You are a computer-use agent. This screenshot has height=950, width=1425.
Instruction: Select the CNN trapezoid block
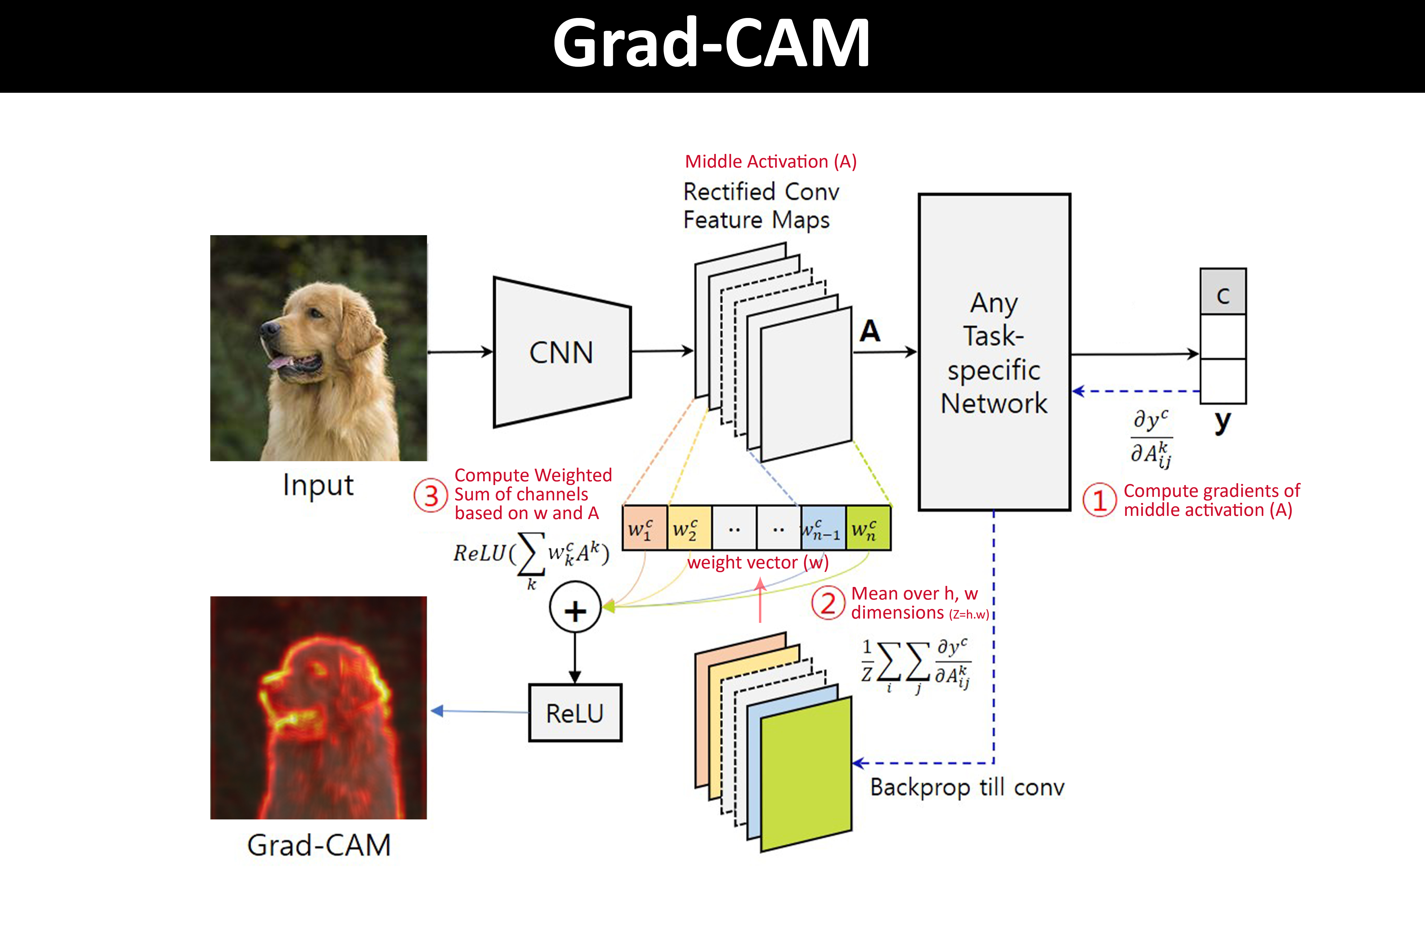562,352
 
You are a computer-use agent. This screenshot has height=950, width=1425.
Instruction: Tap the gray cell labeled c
1223,292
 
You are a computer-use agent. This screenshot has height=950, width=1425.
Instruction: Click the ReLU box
575,713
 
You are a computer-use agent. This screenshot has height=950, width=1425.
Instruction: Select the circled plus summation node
575,608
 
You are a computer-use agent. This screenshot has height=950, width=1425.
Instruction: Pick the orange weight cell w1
644,528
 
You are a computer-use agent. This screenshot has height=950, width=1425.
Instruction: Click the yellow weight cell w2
689,528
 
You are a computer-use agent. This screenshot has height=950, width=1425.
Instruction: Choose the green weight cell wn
868,528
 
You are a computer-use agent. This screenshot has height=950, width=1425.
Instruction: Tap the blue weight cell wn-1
822,528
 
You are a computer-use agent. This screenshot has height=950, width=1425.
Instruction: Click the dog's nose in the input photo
268,329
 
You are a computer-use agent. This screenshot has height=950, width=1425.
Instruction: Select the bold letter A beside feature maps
870,331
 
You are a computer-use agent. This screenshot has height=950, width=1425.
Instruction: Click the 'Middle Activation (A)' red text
770,162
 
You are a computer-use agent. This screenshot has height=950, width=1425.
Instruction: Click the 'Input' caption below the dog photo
318,485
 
